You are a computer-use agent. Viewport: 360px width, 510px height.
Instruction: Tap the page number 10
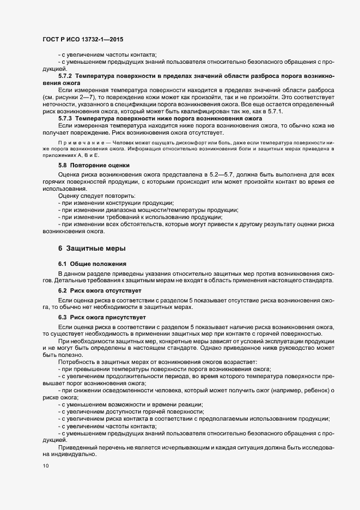tap(45, 466)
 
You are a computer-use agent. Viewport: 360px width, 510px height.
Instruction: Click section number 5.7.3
tap(65, 118)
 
